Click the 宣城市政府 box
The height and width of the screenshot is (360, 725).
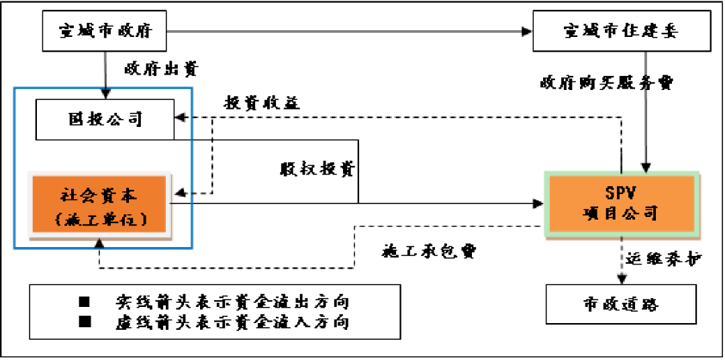[x=105, y=32]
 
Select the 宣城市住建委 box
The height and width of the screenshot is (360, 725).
[x=622, y=32]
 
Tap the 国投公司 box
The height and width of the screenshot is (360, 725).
[x=105, y=120]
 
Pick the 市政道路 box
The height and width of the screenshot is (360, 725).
[x=621, y=304]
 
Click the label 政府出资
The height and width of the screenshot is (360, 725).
[x=160, y=69]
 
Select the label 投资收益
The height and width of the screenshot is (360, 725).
[x=262, y=103]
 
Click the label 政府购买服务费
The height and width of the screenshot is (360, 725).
[x=606, y=83]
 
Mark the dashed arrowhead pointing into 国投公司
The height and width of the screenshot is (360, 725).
[x=180, y=117]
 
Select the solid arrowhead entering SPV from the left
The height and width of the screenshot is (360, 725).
[x=539, y=202]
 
